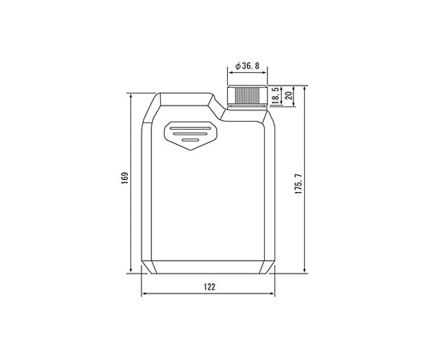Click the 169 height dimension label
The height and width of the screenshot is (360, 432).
click(x=125, y=178)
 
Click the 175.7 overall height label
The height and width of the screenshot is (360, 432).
click(x=298, y=184)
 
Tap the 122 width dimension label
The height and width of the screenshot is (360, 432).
click(x=210, y=287)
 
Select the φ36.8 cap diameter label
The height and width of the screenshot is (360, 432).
click(x=247, y=66)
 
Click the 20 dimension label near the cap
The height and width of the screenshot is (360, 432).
click(x=289, y=95)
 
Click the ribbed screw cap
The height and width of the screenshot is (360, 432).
click(x=247, y=95)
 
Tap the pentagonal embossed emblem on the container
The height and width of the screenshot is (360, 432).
click(x=190, y=135)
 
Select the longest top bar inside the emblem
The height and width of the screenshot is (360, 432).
click(x=190, y=128)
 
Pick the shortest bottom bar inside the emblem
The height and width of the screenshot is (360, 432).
click(x=190, y=140)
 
